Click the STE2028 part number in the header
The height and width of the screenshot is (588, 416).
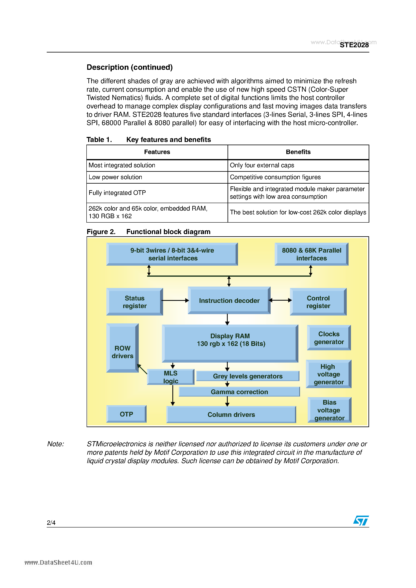coord(354,45)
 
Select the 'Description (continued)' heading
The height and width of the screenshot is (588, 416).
coord(129,67)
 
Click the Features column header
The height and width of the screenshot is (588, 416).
coord(157,152)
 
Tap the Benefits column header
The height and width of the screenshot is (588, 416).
coord(298,152)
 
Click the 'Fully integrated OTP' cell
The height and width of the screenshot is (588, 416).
coord(117,193)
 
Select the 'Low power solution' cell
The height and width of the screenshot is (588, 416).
coord(115,177)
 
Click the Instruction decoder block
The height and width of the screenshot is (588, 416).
coord(229,300)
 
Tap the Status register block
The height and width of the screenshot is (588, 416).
coord(135,302)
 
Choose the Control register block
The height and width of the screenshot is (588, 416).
coord(318,302)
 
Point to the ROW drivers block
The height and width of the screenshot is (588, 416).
coord(122,348)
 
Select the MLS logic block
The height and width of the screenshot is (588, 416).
coord(171,377)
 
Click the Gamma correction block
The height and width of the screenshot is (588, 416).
coord(239,392)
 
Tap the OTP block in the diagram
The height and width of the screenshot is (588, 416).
coord(126,414)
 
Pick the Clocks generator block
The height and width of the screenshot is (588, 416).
coord(329,338)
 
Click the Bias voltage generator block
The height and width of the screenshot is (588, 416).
coord(329,410)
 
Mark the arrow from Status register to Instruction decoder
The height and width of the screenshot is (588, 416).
coord(175,300)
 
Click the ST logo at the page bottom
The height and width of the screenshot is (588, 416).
coord(361,520)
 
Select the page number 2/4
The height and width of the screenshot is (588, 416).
coord(51,523)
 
